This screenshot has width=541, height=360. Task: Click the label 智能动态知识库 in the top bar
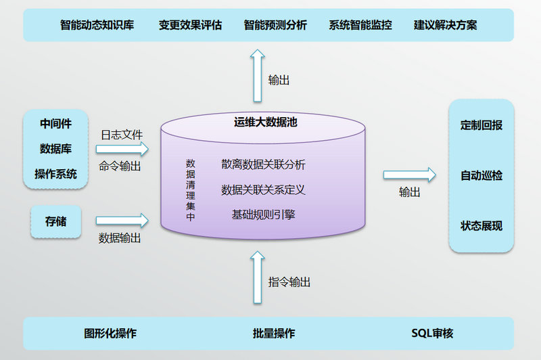(x=97, y=25)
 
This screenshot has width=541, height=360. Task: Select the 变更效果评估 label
(x=190, y=25)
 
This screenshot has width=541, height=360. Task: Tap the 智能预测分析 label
(x=275, y=25)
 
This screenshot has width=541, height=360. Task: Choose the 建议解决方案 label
(x=446, y=25)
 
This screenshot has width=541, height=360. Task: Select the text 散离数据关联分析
(x=263, y=164)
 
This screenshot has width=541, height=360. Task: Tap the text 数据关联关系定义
(x=263, y=190)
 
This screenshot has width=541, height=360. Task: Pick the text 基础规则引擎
(x=263, y=215)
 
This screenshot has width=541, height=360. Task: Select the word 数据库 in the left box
(x=55, y=149)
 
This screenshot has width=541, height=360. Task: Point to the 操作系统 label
(x=55, y=174)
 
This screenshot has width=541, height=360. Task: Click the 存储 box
(x=55, y=221)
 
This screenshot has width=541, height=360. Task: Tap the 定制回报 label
(x=481, y=125)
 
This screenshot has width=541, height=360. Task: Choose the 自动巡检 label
(x=481, y=176)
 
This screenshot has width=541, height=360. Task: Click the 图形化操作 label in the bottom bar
(x=110, y=333)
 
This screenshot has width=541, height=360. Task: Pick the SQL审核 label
(x=432, y=333)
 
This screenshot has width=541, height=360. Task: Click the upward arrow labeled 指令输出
(x=256, y=277)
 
